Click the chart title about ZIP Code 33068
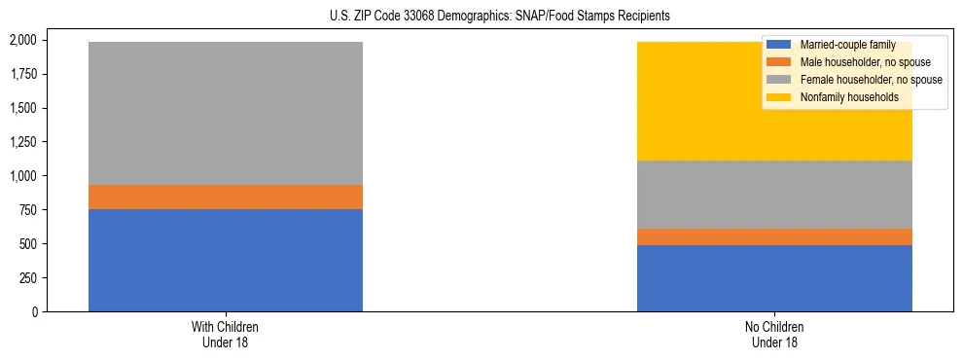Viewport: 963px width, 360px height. (x=481, y=17)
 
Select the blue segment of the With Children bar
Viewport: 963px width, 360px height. (x=226, y=260)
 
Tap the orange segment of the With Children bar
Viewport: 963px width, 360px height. (x=226, y=197)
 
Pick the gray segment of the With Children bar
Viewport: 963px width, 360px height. (x=226, y=113)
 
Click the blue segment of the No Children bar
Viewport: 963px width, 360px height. (x=774, y=278)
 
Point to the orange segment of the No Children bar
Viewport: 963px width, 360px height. (x=774, y=236)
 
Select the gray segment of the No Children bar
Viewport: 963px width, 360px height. (x=774, y=195)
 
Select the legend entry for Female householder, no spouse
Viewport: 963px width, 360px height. (x=870, y=80)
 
